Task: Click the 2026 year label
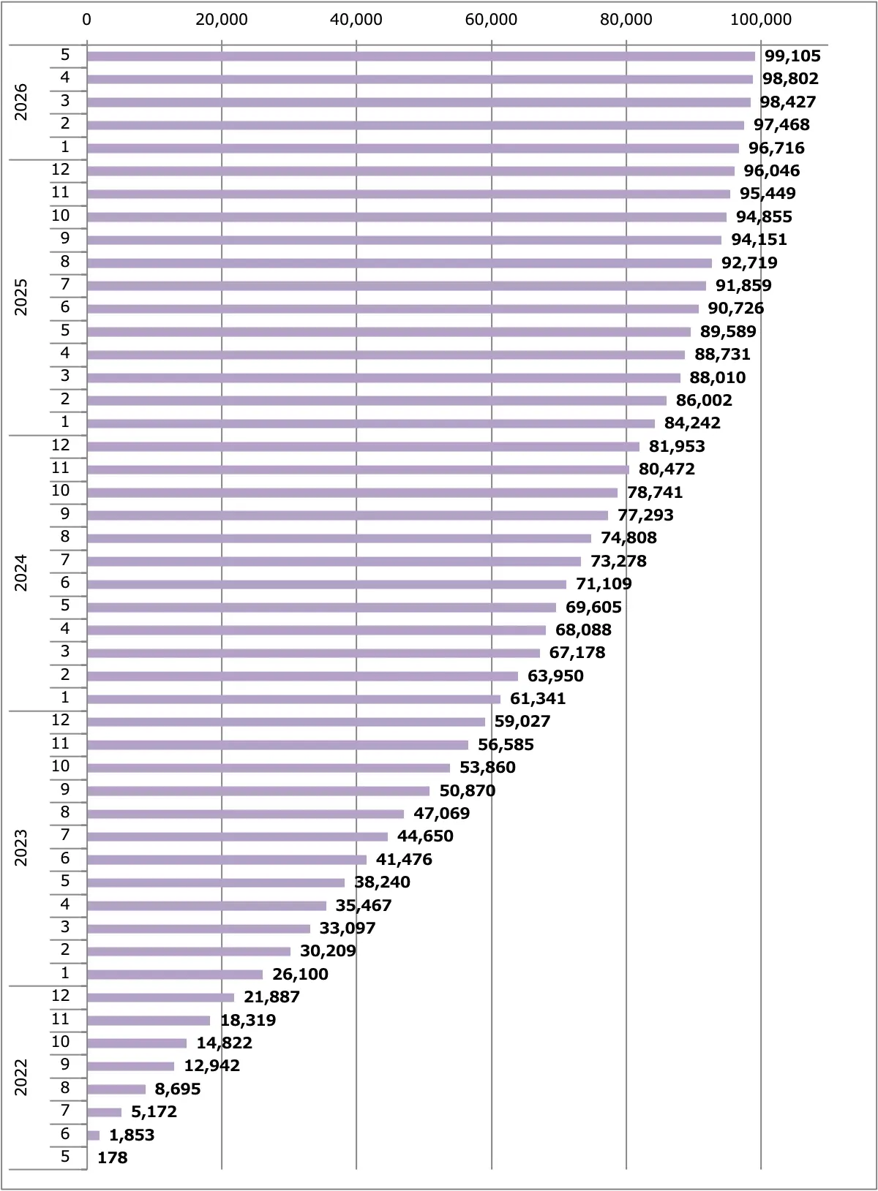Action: click(x=20, y=102)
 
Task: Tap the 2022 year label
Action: click(x=20, y=1077)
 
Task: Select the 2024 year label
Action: click(x=20, y=572)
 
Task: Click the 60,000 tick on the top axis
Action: click(x=491, y=20)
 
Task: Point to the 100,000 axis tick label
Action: click(x=760, y=20)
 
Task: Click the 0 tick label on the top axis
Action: click(x=87, y=20)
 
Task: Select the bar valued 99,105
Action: click(x=421, y=56)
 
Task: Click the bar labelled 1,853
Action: click(x=93, y=1135)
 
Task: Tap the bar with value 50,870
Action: click(x=258, y=790)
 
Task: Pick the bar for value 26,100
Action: click(x=175, y=975)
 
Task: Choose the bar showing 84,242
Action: click(x=371, y=423)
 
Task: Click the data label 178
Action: click(x=112, y=1157)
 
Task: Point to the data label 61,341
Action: click(x=538, y=698)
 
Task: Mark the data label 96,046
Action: click(x=772, y=170)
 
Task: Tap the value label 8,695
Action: click(x=178, y=1089)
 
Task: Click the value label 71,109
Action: click(x=604, y=584)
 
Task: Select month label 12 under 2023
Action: click(x=60, y=720)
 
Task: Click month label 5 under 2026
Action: click(x=65, y=55)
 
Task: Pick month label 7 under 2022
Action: click(x=65, y=1110)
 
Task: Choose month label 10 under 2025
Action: click(x=60, y=216)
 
